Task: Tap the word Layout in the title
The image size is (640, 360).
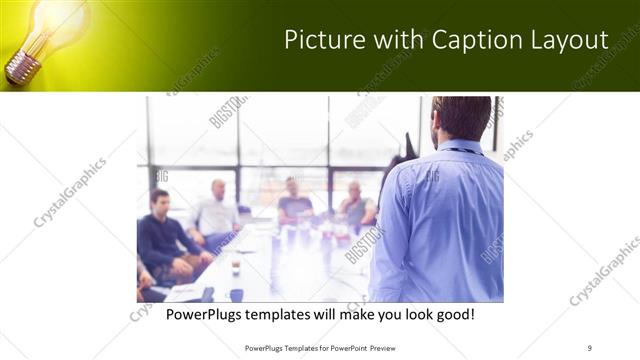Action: tap(571, 40)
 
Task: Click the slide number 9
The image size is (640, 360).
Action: tap(589, 347)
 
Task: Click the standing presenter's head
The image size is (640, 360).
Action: tap(461, 117)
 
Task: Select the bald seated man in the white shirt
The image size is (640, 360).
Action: tap(217, 213)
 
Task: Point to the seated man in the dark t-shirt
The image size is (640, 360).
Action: tap(294, 202)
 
